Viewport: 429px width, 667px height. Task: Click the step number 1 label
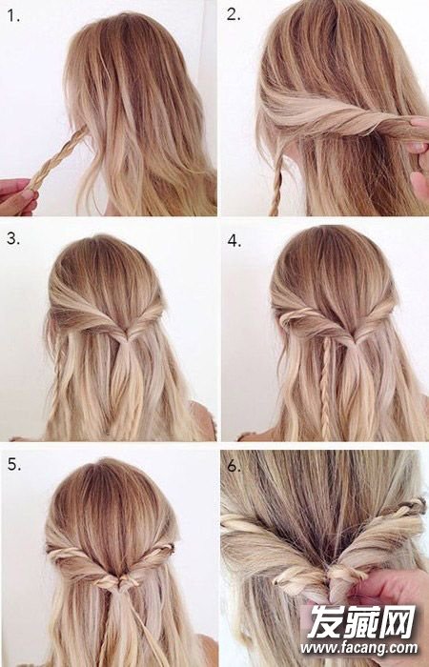pyautogui.click(x=12, y=16)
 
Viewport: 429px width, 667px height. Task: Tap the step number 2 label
pyautogui.click(x=234, y=14)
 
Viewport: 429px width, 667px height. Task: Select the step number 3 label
pyautogui.click(x=12, y=238)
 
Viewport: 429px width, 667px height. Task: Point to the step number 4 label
pyautogui.click(x=235, y=241)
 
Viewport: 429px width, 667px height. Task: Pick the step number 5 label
pyautogui.click(x=14, y=465)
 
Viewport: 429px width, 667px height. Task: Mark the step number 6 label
pyautogui.click(x=234, y=466)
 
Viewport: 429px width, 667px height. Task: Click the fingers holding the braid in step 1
pyautogui.click(x=18, y=196)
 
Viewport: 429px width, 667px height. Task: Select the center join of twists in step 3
pyautogui.click(x=123, y=337)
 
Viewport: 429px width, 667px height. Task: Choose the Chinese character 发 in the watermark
pyautogui.click(x=321, y=622)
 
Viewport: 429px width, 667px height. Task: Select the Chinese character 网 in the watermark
pyautogui.click(x=398, y=622)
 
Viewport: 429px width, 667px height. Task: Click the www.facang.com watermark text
pyautogui.click(x=358, y=648)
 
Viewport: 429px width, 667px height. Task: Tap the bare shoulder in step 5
pyautogui.click(x=209, y=651)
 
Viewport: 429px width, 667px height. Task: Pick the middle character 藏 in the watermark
pyautogui.click(x=359, y=622)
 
